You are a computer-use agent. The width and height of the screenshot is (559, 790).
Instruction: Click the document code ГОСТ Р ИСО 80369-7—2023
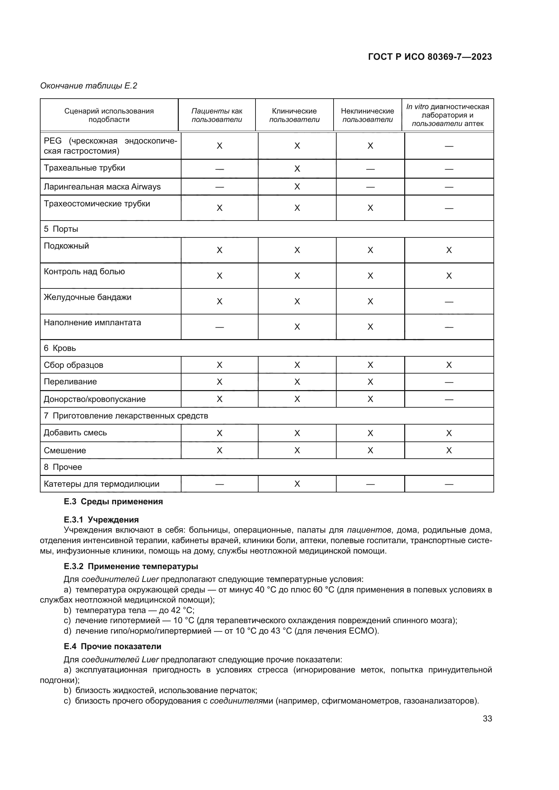click(430, 57)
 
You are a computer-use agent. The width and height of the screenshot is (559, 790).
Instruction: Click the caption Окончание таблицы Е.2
click(89, 86)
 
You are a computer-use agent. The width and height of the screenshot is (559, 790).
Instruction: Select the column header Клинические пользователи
click(294, 115)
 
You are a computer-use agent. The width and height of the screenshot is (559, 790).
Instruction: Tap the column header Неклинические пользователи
click(367, 115)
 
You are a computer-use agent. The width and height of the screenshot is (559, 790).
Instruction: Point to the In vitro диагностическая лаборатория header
click(447, 111)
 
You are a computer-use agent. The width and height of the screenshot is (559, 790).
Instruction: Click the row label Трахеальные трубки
click(84, 168)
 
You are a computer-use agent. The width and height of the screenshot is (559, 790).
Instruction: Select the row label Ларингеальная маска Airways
click(102, 187)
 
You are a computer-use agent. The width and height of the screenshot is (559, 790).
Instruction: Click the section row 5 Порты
click(61, 229)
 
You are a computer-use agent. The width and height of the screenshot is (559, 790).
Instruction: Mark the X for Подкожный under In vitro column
click(449, 250)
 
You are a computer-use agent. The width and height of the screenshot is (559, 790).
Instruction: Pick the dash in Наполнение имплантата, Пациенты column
click(220, 327)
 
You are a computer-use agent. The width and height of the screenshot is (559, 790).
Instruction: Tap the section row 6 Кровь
click(60, 348)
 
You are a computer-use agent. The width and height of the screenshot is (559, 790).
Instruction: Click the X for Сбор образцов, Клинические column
click(297, 365)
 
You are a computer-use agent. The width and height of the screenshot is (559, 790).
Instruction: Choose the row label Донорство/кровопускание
click(95, 399)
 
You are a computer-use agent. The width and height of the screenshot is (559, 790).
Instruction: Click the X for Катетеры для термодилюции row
click(297, 484)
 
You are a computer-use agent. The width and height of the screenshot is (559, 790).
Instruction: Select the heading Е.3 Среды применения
click(113, 502)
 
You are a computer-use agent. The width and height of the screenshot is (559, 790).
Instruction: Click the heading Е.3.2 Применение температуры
click(131, 566)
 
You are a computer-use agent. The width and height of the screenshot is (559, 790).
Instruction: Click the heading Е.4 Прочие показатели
click(113, 646)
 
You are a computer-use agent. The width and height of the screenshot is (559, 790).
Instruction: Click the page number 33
click(487, 719)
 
